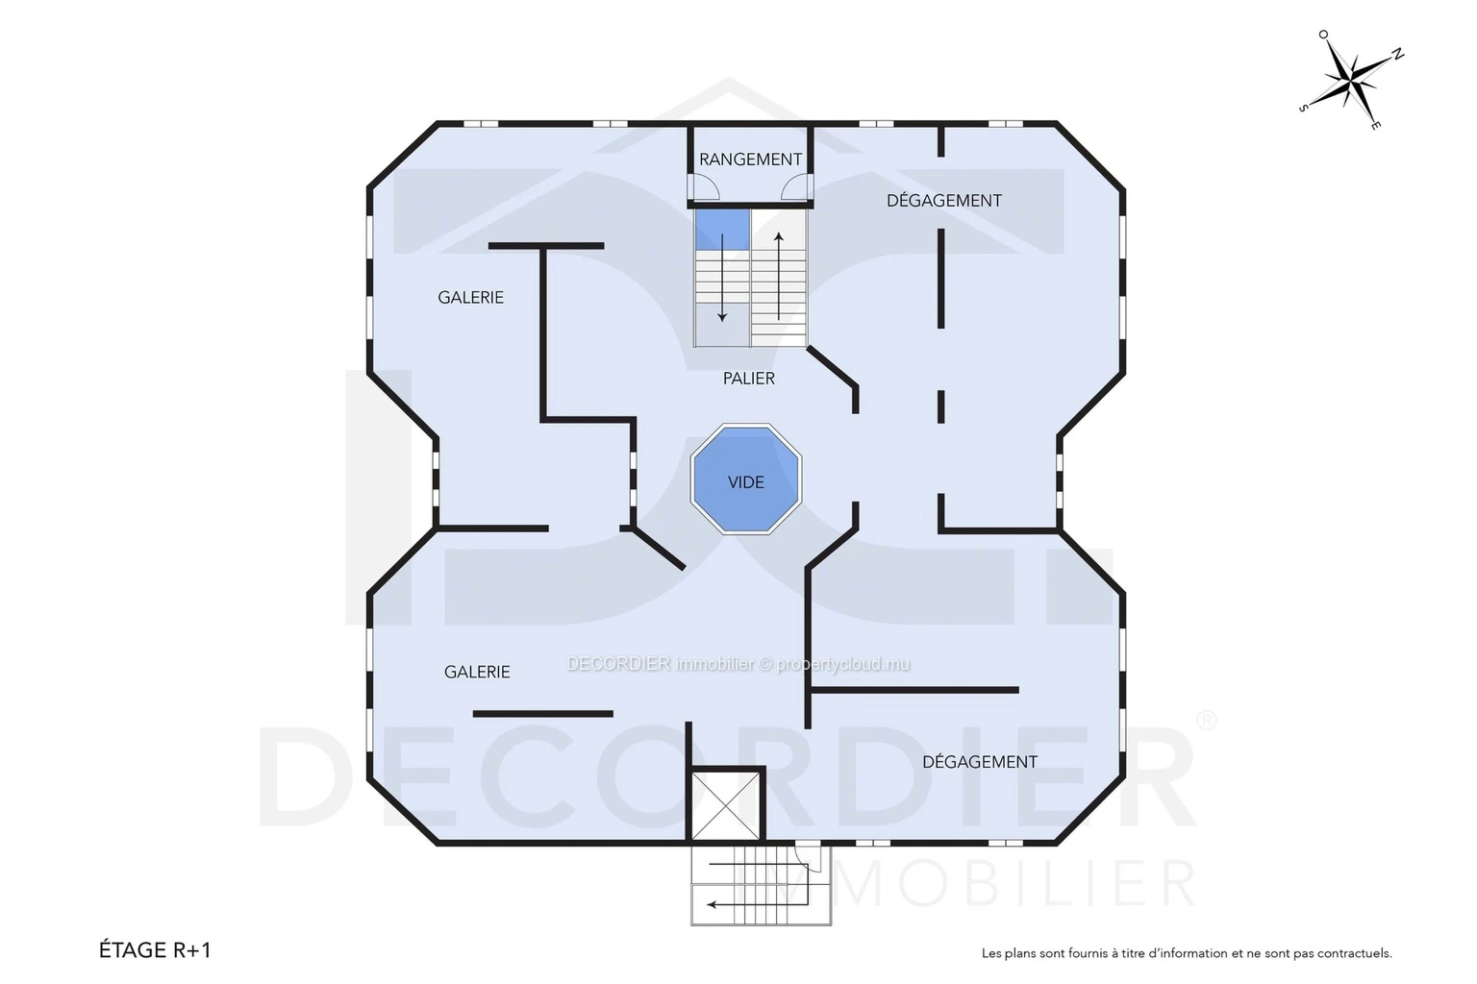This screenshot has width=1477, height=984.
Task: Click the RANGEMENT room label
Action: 750,160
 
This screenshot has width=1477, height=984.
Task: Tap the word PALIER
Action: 748,379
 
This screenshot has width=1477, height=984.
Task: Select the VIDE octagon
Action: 746,479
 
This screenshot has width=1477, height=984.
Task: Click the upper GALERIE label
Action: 471,298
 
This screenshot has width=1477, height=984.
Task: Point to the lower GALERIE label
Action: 477,673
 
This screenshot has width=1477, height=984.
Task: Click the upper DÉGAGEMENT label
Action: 944,201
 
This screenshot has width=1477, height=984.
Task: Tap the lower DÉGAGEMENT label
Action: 980,762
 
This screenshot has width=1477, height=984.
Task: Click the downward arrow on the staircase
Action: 722,278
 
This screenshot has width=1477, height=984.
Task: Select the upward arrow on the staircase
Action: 779,276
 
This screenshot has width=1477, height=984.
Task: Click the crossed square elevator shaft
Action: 725,805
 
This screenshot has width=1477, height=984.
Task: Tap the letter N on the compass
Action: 1396,55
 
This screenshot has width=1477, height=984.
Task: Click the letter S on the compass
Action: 1304,108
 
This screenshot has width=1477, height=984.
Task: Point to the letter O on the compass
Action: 1323,35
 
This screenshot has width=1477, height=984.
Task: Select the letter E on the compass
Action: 1375,125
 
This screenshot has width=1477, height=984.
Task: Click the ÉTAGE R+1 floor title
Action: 155,949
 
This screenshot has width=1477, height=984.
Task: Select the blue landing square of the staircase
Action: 722,230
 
